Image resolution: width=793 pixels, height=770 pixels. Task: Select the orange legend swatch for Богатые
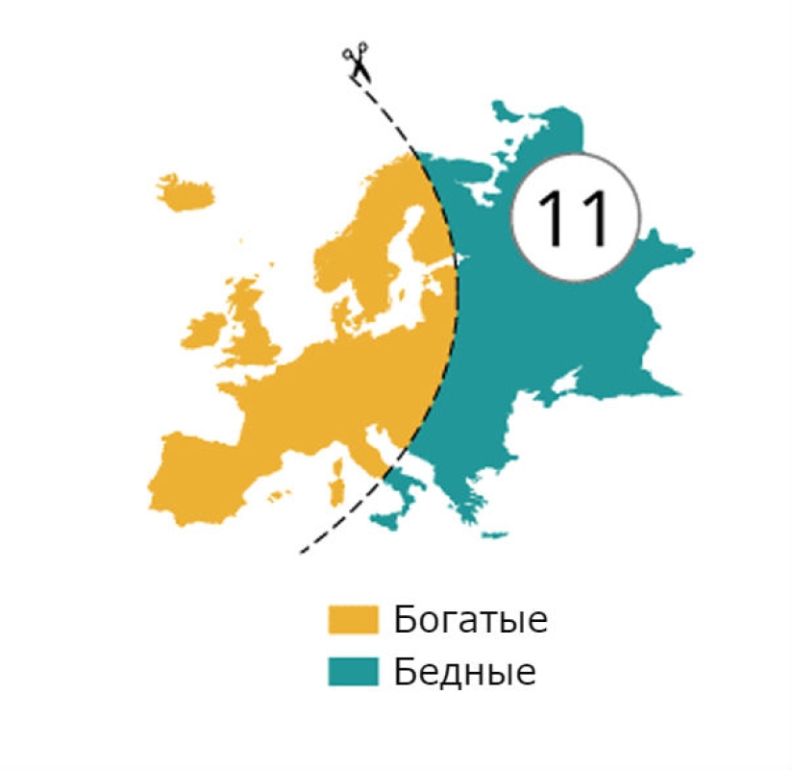coord(353,619)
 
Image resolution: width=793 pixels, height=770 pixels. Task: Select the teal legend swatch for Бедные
coord(353,671)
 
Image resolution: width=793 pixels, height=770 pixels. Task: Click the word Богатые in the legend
coord(470,619)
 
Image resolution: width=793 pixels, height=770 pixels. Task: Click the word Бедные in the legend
coord(464,671)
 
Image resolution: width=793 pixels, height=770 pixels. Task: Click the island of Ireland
coord(204,333)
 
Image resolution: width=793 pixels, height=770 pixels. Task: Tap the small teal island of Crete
coord(494,534)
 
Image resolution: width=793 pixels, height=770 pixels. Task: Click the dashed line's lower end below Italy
coord(303,552)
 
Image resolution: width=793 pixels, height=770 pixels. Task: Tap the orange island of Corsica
coord(338,465)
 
